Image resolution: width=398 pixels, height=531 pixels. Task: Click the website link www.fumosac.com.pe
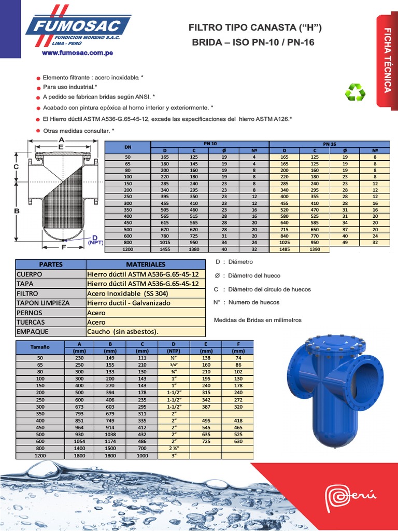tap(78, 52)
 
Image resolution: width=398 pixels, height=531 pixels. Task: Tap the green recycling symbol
tap(356, 92)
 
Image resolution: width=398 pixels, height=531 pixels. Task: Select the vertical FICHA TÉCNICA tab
tap(387, 61)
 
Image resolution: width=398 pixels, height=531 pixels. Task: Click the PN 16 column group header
tap(329, 144)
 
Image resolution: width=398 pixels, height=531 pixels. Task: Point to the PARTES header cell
tap(51, 264)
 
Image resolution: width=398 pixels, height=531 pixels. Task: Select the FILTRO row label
tap(27, 293)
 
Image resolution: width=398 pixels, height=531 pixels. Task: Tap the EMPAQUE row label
tap(32, 331)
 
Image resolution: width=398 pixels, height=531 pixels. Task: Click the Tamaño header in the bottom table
tap(40, 346)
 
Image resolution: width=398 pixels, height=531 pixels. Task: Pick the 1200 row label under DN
tap(128, 249)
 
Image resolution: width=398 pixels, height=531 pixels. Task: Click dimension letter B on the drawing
tap(17, 211)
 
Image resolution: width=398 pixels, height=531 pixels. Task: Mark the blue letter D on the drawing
tap(95, 237)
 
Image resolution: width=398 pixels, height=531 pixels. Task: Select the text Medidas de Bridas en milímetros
tap(257, 320)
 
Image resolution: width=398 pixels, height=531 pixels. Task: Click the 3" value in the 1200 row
tap(174, 455)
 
